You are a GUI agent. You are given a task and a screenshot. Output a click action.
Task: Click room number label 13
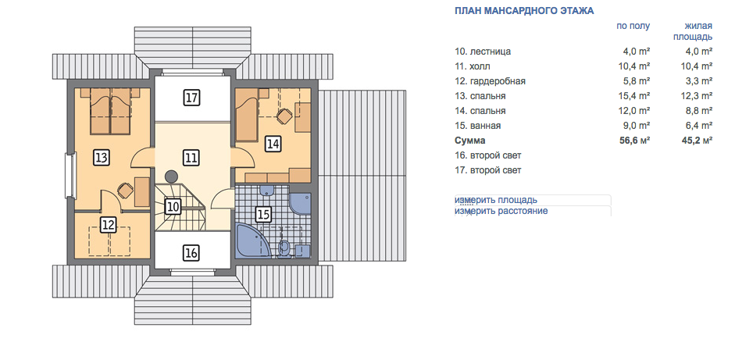[x=101, y=158]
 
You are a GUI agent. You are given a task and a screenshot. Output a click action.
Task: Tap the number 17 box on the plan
[x=191, y=98]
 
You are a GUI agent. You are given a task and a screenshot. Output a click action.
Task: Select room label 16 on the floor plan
[x=191, y=253]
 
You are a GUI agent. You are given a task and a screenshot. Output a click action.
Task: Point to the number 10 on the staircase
[x=173, y=206]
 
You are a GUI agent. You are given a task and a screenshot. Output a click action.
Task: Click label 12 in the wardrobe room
[x=109, y=225]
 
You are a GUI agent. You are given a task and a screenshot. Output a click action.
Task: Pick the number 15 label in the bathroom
[x=263, y=215]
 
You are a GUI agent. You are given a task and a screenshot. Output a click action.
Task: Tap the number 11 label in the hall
[x=191, y=158]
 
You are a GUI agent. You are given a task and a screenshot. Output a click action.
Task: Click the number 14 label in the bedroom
[x=273, y=144]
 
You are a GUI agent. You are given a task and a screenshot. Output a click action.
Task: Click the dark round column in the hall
[x=172, y=176]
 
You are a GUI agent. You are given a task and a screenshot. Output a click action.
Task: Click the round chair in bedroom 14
[x=283, y=116]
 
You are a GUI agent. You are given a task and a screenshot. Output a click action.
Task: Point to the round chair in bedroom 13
[x=125, y=191]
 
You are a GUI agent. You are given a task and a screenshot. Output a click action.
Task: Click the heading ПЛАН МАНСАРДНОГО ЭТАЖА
[x=524, y=11]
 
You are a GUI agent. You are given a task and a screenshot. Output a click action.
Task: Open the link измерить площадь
[x=496, y=200]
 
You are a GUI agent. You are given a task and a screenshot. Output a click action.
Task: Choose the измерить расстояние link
[x=501, y=211]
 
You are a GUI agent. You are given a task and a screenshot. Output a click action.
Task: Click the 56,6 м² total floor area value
[x=635, y=140]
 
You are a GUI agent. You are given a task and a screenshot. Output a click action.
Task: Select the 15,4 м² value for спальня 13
[x=635, y=95]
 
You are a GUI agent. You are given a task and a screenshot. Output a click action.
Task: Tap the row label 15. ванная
[x=478, y=126]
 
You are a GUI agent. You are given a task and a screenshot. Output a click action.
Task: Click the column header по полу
[x=633, y=26]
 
